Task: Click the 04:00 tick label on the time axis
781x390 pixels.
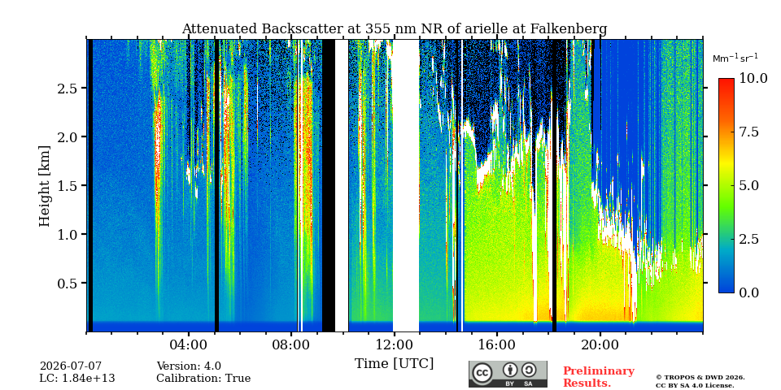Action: (x=189, y=344)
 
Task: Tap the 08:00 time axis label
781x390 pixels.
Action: (x=291, y=344)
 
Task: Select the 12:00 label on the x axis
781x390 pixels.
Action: (x=394, y=344)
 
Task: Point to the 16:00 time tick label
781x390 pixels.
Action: (x=497, y=344)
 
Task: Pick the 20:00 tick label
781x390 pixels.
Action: (x=600, y=344)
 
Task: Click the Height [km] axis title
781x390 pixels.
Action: (x=45, y=186)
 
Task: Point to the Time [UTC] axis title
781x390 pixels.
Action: (x=394, y=364)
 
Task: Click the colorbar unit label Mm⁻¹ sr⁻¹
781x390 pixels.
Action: (x=735, y=58)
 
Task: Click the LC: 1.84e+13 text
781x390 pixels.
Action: (x=77, y=379)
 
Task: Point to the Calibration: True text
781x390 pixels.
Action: (x=203, y=379)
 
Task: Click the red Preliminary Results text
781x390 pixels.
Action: (x=598, y=377)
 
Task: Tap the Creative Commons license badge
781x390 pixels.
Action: (x=508, y=374)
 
